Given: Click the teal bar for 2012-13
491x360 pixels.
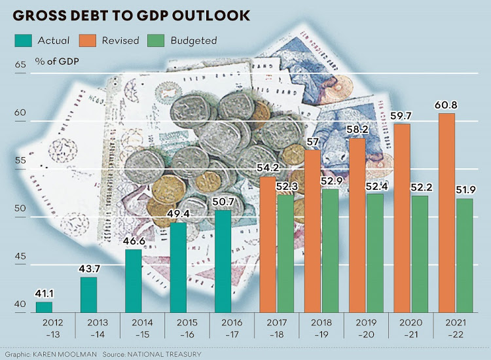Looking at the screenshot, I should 44,306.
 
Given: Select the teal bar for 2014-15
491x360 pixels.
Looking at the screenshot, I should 134,280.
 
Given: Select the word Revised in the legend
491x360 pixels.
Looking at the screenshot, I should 120,41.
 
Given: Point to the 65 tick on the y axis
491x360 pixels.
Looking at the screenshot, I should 20,64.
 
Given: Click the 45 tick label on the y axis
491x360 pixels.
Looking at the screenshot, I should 20,257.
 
